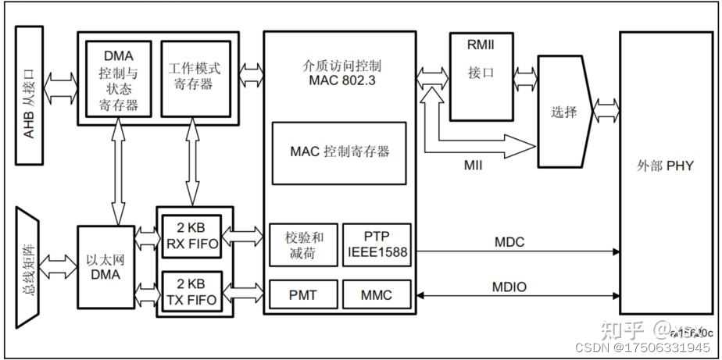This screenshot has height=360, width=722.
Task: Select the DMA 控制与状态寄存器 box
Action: coord(119,78)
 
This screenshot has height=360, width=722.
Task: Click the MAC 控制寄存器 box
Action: coord(339,152)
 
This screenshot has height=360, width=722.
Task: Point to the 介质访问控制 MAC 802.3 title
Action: coord(339,72)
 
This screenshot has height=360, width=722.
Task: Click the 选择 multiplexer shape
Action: coord(564,112)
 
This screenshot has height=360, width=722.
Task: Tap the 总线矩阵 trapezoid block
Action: coord(30,263)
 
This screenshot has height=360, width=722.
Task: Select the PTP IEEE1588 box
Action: coord(377,244)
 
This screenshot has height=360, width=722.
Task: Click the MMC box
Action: coord(377,295)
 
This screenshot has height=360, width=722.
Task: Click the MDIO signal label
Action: coord(509,287)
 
